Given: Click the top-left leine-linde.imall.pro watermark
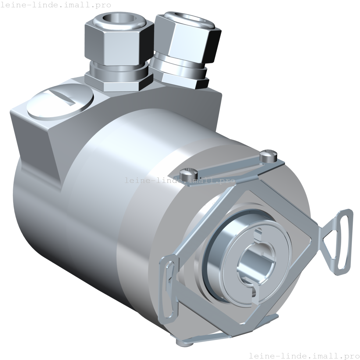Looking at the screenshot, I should pos(55,5).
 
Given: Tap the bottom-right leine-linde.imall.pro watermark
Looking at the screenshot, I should pos(304,355).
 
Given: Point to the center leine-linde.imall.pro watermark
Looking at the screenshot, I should pos(180,180).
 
